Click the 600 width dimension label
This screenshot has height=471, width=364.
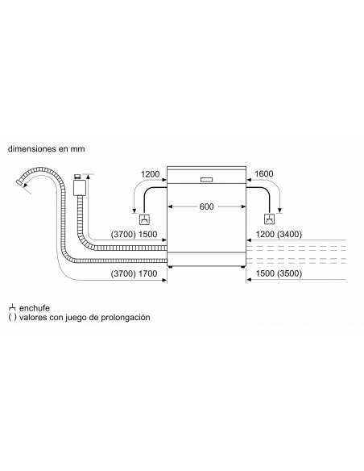(207, 206)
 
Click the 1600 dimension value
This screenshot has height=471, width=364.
(264, 173)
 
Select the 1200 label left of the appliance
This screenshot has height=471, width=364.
(151, 174)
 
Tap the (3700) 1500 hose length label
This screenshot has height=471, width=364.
(134, 234)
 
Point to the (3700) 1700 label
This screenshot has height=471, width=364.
(134, 273)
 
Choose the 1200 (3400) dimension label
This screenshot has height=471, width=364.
(279, 234)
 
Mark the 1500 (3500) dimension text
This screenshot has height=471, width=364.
(279, 273)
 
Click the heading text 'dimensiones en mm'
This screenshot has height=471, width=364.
(46, 148)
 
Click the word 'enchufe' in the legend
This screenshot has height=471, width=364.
(35, 308)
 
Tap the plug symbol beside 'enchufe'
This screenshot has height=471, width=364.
(12, 307)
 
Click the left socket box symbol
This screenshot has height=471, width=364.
(145, 219)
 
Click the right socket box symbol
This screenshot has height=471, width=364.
(269, 219)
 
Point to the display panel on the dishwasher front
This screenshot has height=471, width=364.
(206, 180)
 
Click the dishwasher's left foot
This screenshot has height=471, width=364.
(170, 266)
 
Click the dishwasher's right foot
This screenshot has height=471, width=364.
(242, 266)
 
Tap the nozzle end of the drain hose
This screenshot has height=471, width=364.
(20, 182)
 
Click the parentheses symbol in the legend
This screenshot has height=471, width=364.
(12, 318)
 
